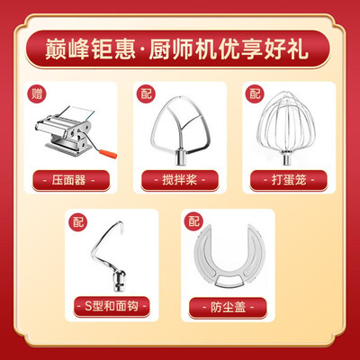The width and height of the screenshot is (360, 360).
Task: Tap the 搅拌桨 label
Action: [x=179, y=179]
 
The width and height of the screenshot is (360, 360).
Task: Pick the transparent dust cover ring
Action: [x=232, y=261]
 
